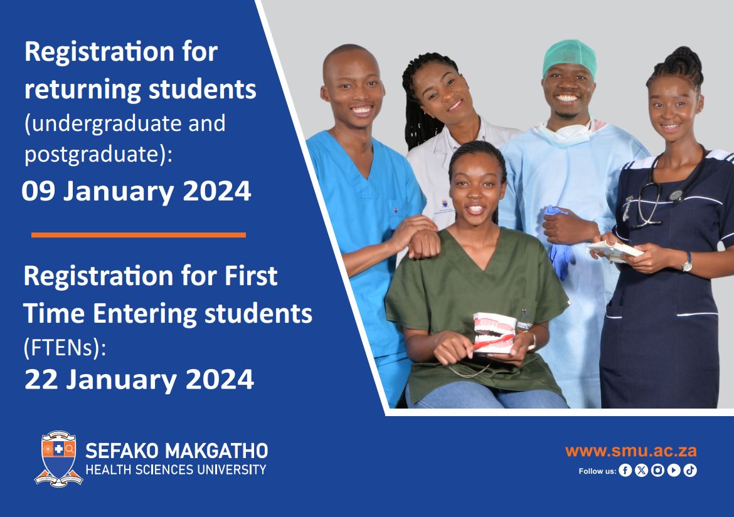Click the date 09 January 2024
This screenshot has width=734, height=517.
click(136, 191)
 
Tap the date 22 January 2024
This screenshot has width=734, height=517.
click(139, 379)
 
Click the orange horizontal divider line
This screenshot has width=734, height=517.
click(139, 235)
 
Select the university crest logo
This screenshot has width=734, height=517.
click(58, 458)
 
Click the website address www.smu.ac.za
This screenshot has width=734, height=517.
click(630, 451)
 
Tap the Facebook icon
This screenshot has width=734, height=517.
click(625, 471)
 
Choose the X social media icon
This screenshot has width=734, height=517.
click(641, 471)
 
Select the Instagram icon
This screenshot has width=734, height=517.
click(657, 471)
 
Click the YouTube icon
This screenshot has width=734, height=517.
click(674, 471)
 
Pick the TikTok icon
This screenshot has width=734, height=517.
click(690, 471)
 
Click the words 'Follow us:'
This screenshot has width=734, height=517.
click(597, 471)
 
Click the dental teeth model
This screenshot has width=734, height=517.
click(495, 333)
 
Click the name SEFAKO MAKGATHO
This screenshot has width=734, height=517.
click(176, 451)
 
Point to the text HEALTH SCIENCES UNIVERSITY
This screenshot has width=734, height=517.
click(176, 469)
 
